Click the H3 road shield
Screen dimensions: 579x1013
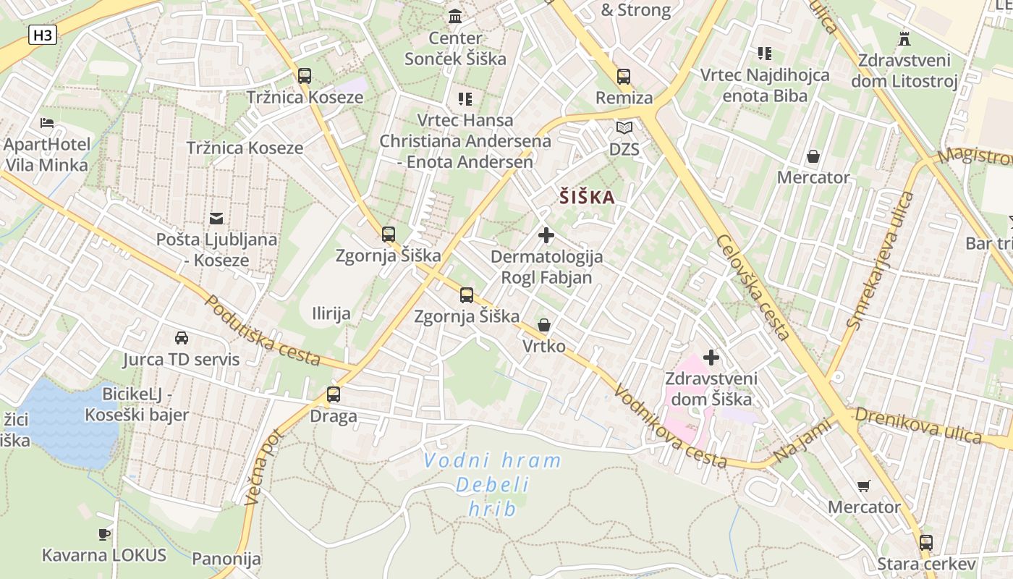43,35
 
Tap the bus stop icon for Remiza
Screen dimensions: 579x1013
624,77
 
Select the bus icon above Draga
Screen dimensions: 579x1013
334,394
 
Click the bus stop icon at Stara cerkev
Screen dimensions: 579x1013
925,543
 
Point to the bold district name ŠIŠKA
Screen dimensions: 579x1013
587,198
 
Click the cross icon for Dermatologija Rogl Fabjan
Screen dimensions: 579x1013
546,235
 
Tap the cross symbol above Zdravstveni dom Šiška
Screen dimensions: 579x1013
711,358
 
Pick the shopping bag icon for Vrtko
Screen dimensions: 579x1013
543,326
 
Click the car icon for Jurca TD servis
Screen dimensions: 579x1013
181,338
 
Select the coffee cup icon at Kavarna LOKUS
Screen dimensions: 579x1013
104,535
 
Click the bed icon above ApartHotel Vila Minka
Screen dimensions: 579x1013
47,123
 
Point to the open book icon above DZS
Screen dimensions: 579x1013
624,128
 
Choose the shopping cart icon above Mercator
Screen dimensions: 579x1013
863,486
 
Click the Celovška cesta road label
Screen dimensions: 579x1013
753,287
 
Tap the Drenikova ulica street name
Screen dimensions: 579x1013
919,425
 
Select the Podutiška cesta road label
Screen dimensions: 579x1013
263,330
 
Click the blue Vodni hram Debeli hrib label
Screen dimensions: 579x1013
492,485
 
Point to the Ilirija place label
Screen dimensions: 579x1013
331,313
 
